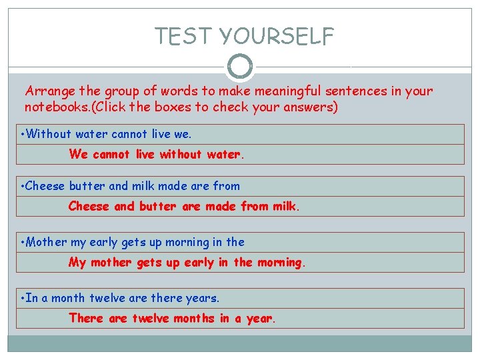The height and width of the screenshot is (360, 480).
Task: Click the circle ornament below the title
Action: point(240,66)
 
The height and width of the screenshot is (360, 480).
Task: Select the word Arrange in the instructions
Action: point(49,91)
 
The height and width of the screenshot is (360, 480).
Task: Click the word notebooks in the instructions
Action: point(54,107)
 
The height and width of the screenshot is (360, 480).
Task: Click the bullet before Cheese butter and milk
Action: point(23,186)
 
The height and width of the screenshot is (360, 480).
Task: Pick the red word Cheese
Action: point(89,207)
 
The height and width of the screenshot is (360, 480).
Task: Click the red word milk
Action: point(285,207)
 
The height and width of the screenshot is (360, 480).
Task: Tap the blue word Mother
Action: point(47,242)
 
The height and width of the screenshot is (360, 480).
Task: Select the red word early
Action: point(199,263)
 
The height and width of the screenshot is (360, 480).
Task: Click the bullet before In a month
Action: point(23,298)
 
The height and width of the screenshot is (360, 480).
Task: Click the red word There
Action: point(87,319)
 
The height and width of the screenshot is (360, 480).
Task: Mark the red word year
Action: point(259,319)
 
